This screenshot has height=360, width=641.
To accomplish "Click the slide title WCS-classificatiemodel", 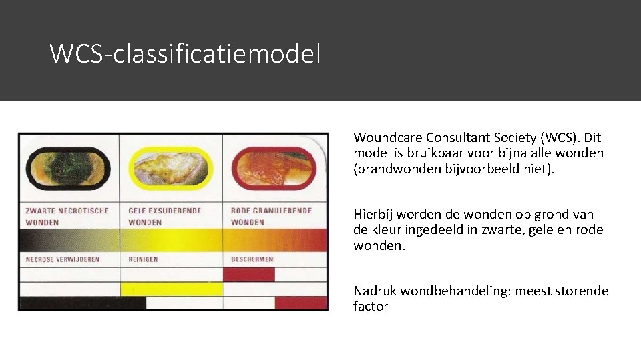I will pos(185,53).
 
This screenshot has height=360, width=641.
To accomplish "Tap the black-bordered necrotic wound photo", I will pos(67,168).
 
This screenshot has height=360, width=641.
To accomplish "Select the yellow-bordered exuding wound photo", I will pos(170,168).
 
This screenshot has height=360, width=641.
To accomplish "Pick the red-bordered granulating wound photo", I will pos(273,168).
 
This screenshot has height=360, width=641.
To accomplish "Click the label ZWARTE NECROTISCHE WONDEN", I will pos(67,216).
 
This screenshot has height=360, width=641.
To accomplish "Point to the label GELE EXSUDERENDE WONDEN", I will pos(164,216).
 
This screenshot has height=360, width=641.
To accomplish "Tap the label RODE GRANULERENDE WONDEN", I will pos(271,216).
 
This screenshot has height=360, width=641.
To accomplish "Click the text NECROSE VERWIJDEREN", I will pos(63,259).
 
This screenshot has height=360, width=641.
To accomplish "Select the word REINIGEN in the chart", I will pos(143,259).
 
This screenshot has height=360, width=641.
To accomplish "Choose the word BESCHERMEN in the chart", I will pos(252,259).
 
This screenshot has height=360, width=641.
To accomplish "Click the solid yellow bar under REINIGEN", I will pos(171,289).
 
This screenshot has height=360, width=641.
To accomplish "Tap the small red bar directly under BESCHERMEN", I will pos(248,274).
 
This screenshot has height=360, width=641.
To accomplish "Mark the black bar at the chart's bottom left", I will pos(82,303).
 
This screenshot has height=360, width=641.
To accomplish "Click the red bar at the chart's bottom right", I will pos(301,303).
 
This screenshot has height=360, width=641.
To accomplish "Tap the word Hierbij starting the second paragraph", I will pos(373,215).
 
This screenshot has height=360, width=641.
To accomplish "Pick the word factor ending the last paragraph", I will pos(371,307).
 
